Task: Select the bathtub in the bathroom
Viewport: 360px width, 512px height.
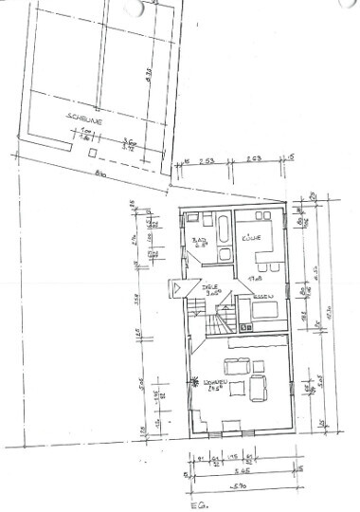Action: tap(221, 228)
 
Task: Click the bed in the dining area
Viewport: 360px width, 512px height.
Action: tap(262, 310)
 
